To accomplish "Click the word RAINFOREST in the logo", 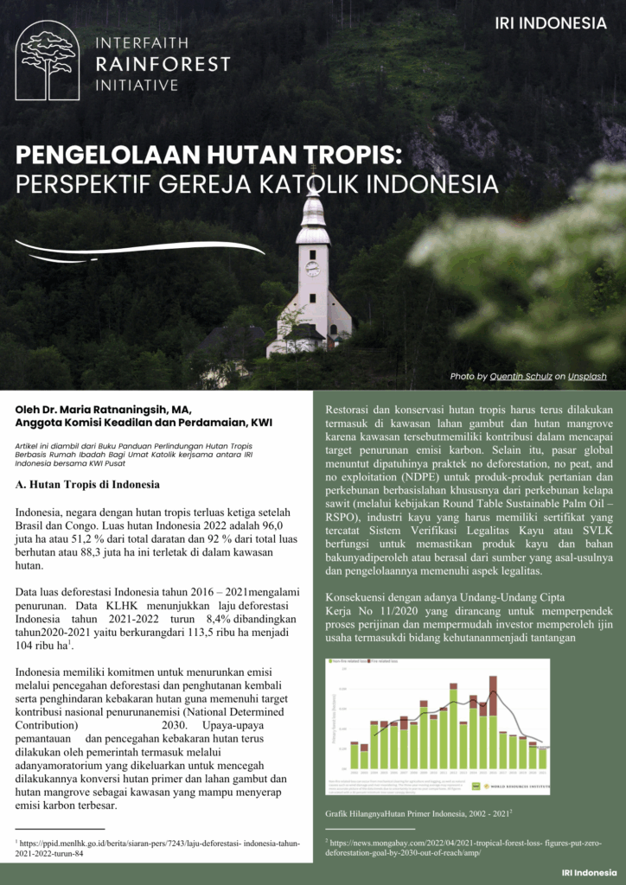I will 163,64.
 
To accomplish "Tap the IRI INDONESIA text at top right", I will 551,23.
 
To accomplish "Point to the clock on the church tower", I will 312,269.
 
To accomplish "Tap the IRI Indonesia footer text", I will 588,872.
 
